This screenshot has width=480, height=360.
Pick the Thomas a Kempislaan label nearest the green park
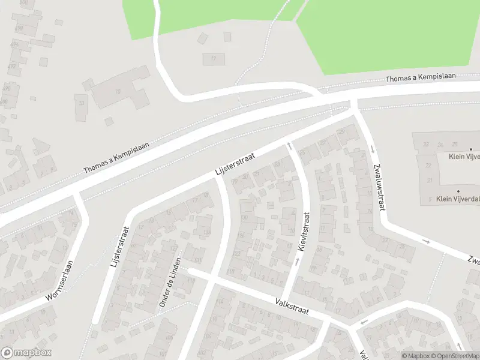(421, 77)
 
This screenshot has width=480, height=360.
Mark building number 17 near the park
(213, 59)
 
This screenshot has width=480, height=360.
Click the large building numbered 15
(118, 91)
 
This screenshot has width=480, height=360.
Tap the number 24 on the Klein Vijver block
(440, 145)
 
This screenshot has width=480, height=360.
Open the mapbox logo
(26, 353)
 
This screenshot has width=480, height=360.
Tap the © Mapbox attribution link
(415, 356)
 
